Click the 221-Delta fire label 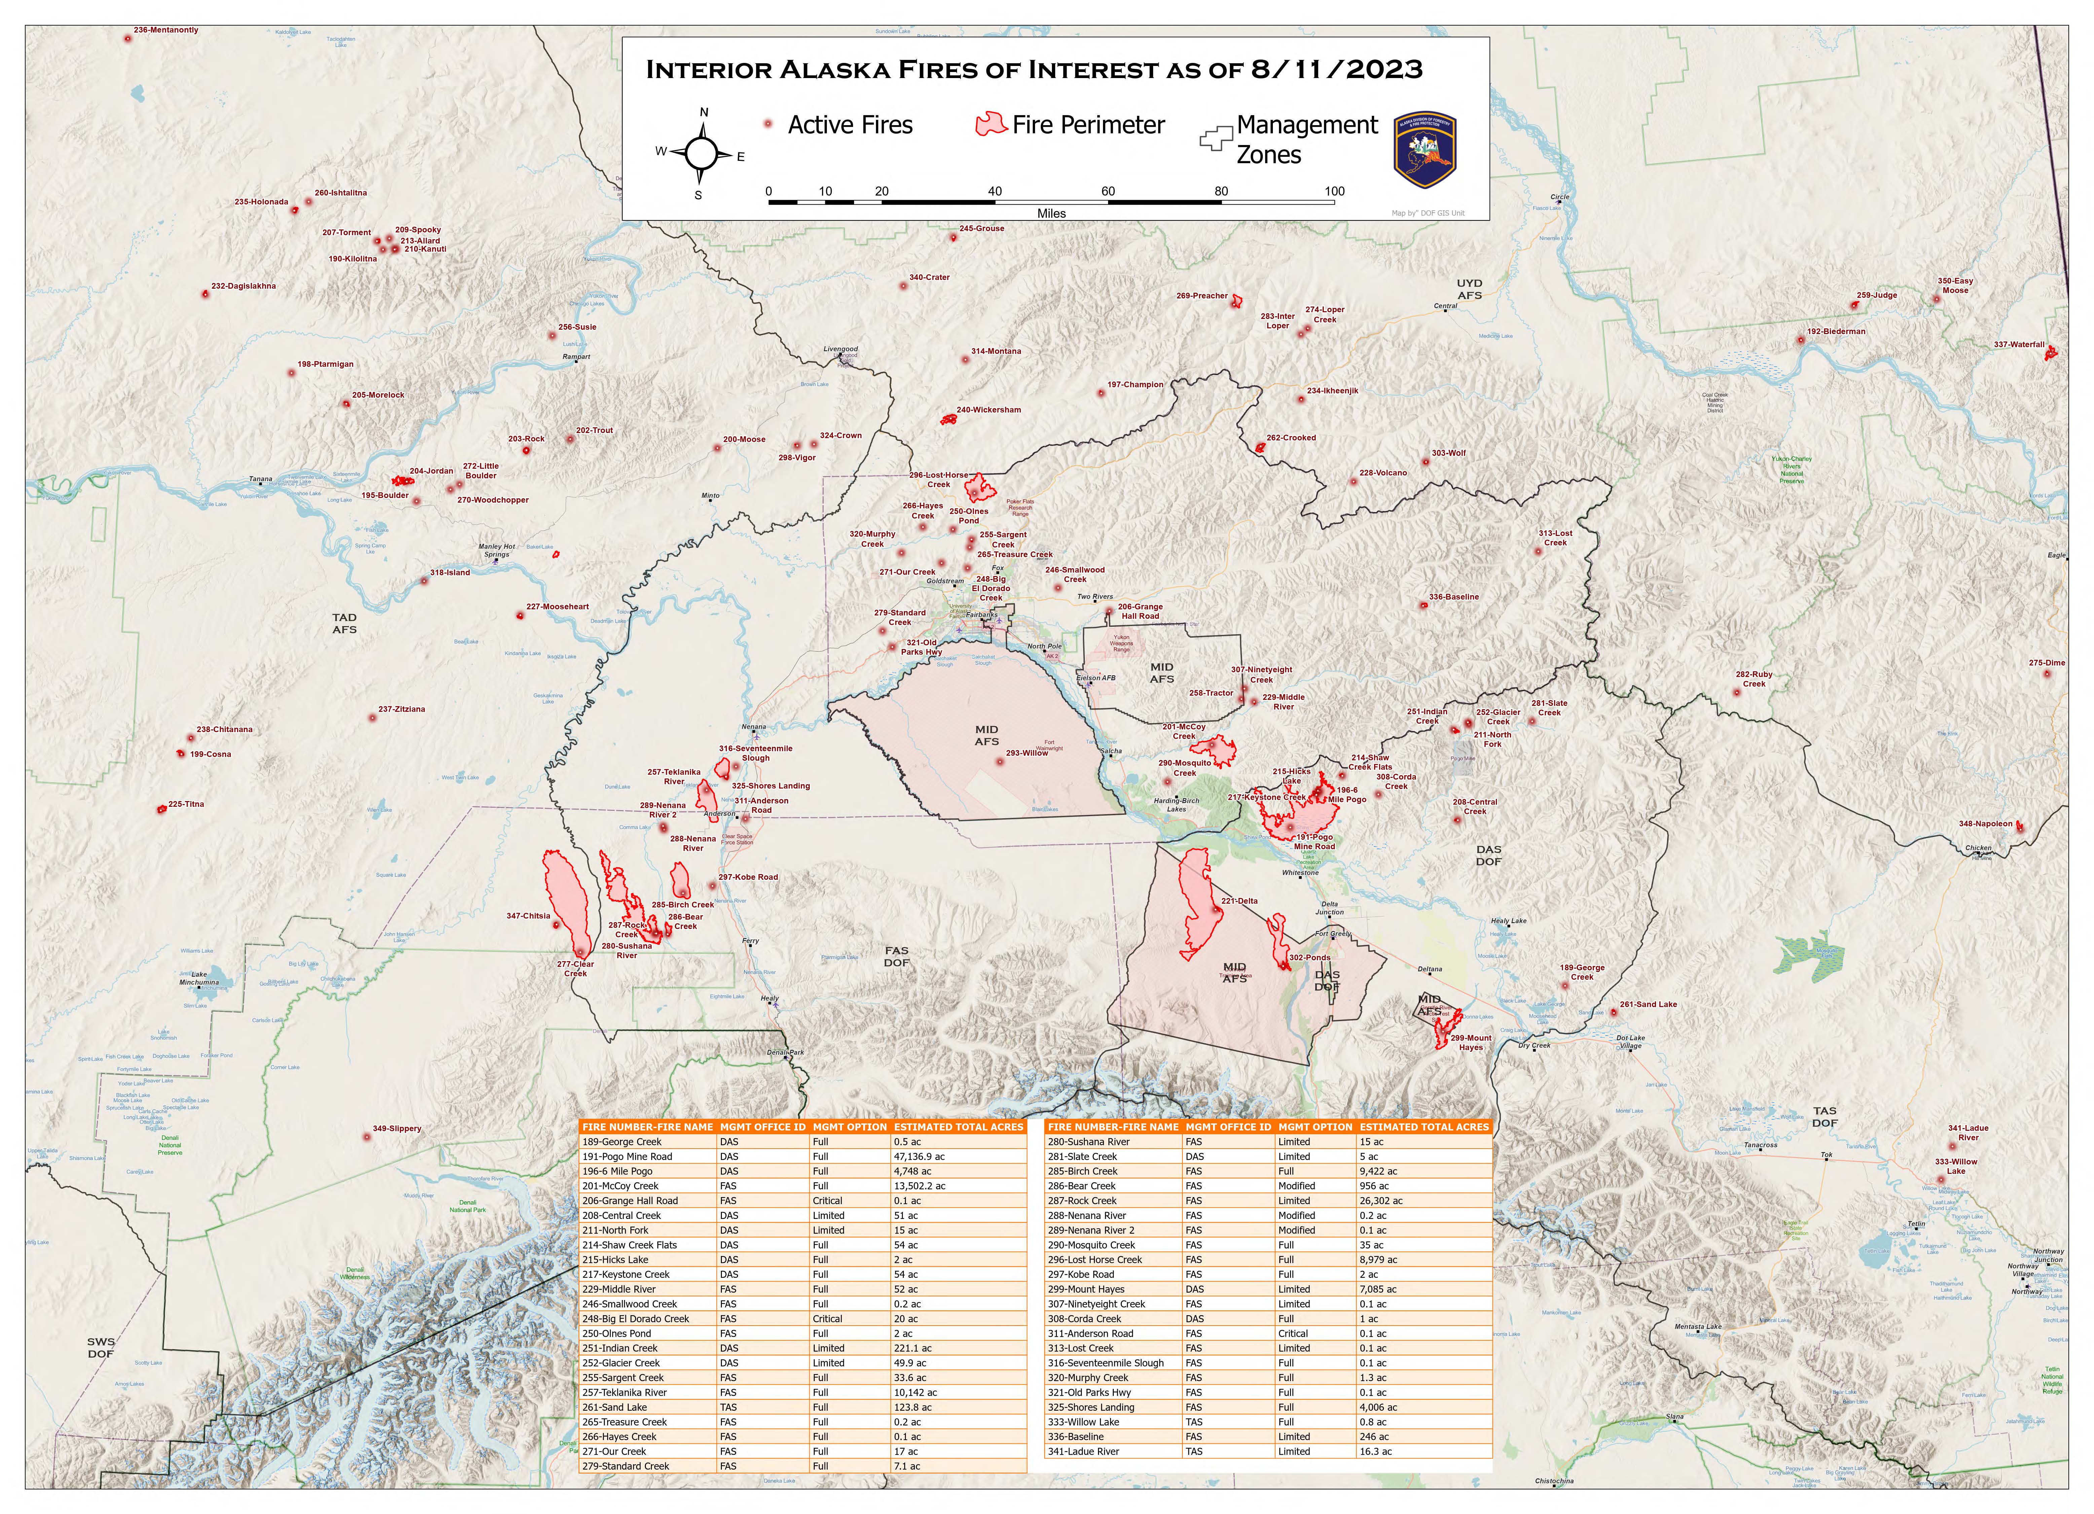click(1239, 901)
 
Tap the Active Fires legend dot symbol click(767, 124)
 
